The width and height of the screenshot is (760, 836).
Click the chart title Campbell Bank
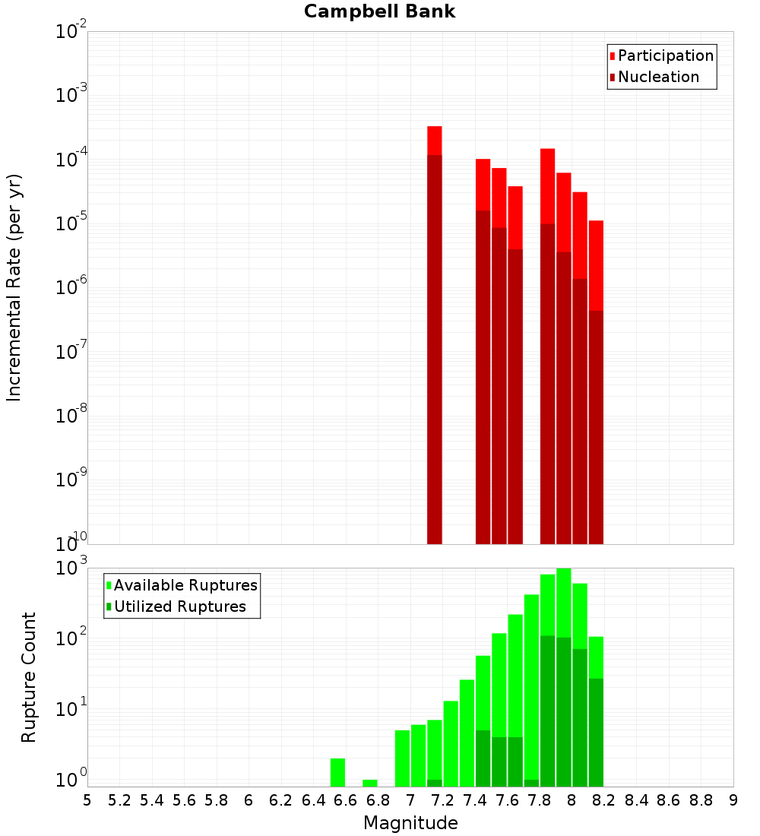click(379, 12)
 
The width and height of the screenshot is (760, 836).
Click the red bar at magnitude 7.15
click(434, 334)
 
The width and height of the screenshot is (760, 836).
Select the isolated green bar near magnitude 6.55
click(337, 772)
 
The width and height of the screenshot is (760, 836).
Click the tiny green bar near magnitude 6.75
click(370, 783)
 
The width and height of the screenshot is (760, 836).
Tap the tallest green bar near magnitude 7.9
click(563, 676)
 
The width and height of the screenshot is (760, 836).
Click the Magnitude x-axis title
click(410, 823)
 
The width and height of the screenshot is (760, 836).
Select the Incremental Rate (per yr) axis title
click(14, 287)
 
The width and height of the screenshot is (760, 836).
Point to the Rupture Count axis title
click(29, 677)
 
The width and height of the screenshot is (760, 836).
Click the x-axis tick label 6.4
click(313, 800)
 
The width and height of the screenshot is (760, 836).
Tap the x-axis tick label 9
click(733, 800)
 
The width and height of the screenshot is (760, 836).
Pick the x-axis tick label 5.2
click(119, 800)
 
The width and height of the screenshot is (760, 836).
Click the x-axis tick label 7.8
click(540, 800)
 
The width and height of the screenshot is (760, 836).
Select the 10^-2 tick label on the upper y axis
click(70, 32)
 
